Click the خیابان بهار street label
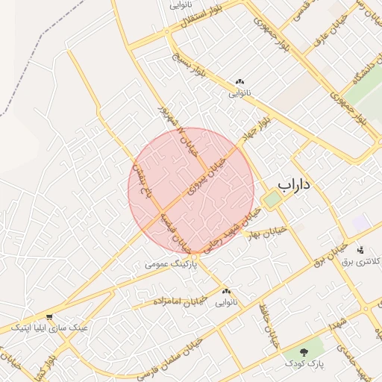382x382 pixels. point(269,233)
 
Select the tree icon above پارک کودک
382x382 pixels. point(304,351)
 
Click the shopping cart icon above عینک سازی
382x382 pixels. point(49,316)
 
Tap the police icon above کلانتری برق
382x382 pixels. point(361,250)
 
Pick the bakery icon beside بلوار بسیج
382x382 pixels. point(239,82)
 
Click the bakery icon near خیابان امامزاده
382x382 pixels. point(226,292)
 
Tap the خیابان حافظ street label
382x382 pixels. point(268,325)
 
